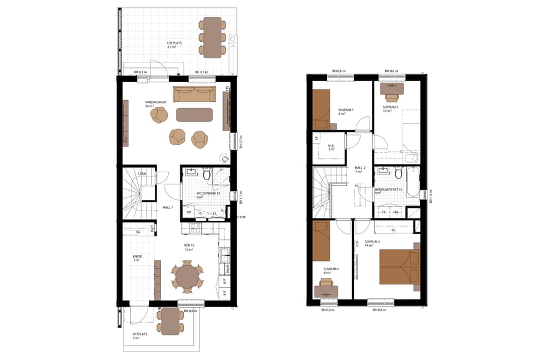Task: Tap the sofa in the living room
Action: click(194, 94)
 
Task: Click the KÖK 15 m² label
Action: click(189, 247)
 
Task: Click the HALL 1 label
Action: click(168, 208)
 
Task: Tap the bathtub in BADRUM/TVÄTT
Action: click(413, 182)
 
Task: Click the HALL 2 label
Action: click(360, 169)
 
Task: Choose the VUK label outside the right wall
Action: click(242, 217)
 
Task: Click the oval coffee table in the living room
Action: click(194, 113)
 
